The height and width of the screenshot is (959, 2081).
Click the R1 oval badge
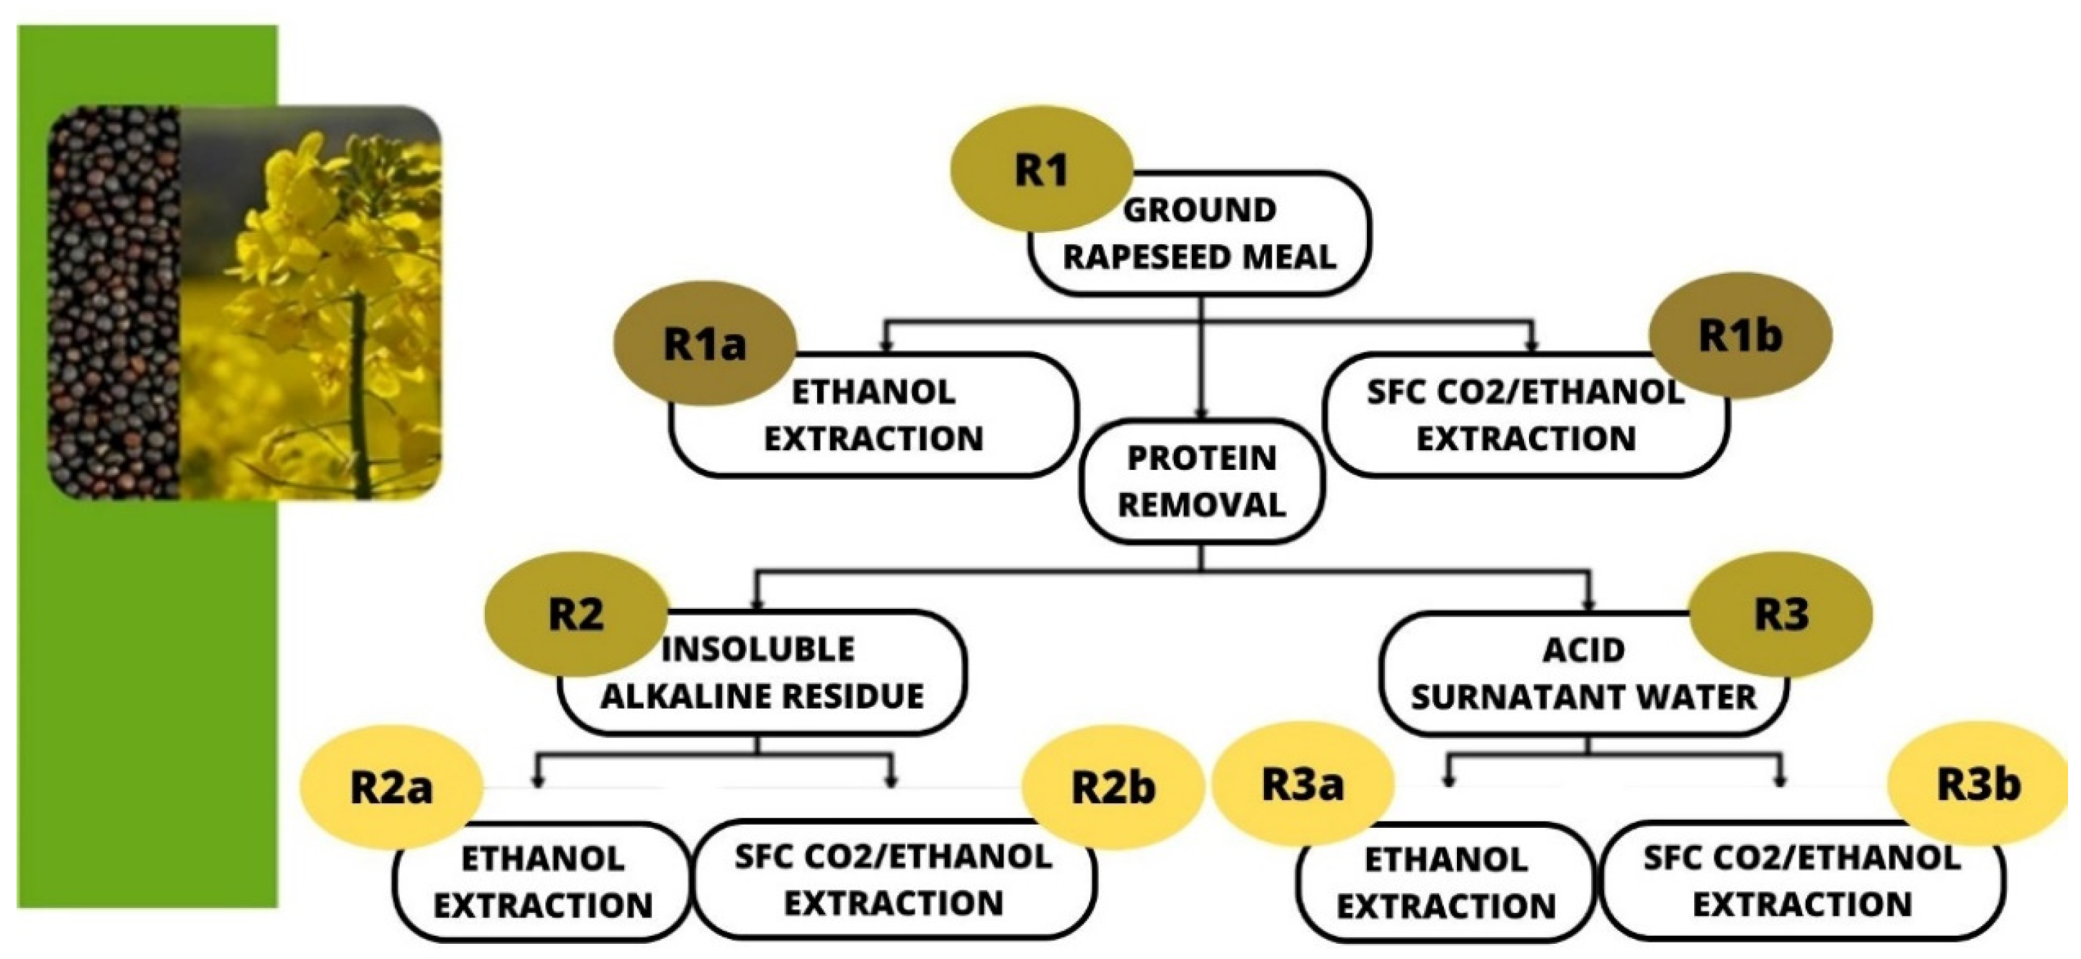[x=1040, y=169]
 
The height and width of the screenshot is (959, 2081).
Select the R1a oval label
[x=705, y=344]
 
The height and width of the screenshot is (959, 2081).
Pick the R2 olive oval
[x=575, y=614]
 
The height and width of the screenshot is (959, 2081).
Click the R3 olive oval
[x=1781, y=614]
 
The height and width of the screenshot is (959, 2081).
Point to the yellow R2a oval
[x=391, y=787]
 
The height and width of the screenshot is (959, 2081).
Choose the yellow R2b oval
[x=1113, y=787]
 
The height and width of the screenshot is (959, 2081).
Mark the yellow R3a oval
[x=1302, y=785]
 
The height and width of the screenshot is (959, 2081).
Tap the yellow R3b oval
[x=1979, y=784]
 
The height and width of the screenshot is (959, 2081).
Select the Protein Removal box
[x=1201, y=482]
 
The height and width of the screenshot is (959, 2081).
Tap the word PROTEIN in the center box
[x=1201, y=458]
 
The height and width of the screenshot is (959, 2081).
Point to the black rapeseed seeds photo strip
[x=113, y=303]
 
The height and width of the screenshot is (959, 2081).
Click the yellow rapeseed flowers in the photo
[x=323, y=267]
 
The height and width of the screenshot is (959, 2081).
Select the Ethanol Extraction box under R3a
[x=1445, y=882]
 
